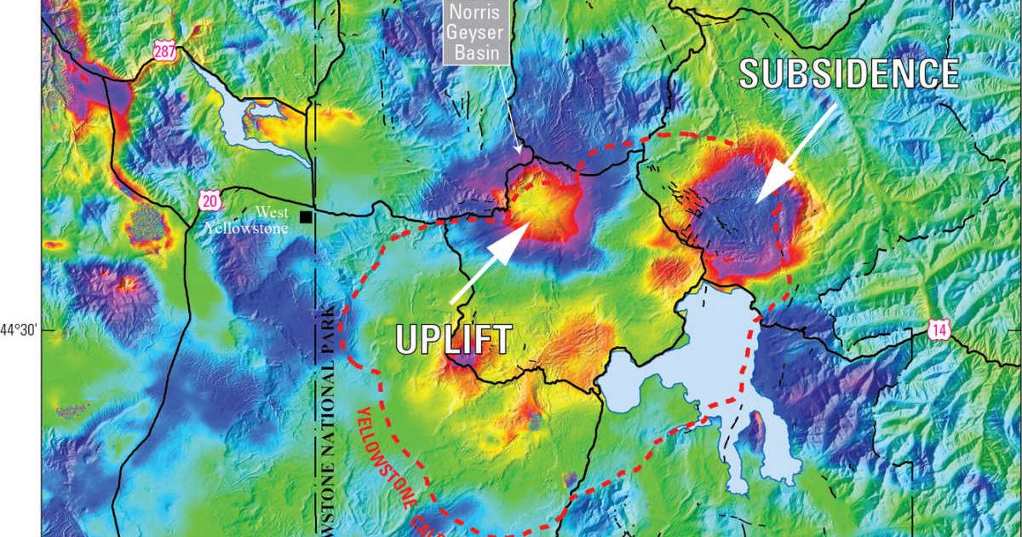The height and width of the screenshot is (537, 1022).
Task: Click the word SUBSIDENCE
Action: [x=849, y=74]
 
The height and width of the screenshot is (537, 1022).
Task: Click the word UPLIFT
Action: [x=454, y=338]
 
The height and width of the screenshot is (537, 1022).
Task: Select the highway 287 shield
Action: [x=165, y=51]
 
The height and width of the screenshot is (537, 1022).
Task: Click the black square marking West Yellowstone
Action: [x=305, y=217]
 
